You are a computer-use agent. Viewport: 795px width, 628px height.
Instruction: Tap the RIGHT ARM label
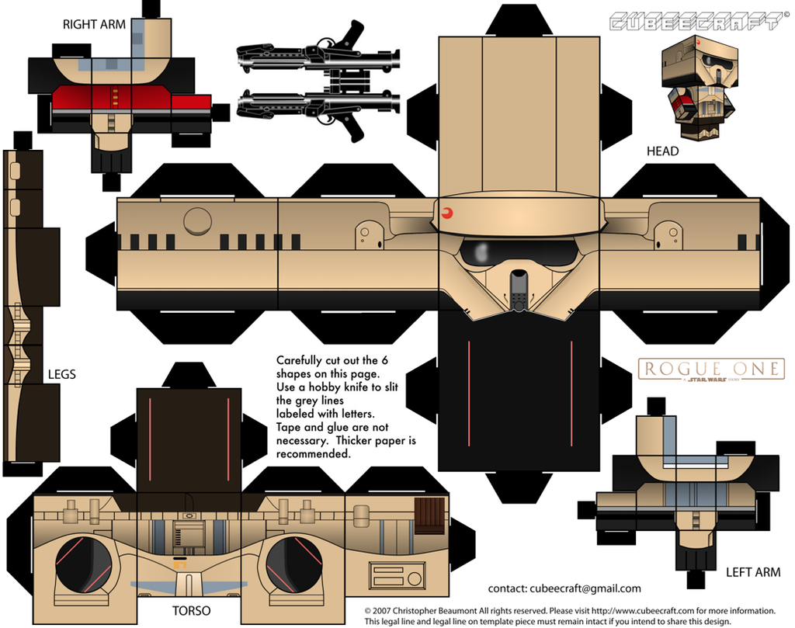click(x=94, y=25)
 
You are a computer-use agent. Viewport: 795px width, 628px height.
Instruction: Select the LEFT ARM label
click(x=752, y=573)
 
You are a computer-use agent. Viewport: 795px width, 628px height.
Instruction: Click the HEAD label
click(x=662, y=151)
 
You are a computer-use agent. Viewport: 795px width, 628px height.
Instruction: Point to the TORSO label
click(x=189, y=611)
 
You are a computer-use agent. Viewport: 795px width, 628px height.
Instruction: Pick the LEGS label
click(x=61, y=374)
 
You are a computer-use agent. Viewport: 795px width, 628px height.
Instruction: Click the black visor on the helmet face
click(x=519, y=252)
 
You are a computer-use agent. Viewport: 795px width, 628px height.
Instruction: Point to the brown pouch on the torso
click(x=429, y=515)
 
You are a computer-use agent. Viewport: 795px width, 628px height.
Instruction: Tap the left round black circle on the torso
click(x=83, y=564)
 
